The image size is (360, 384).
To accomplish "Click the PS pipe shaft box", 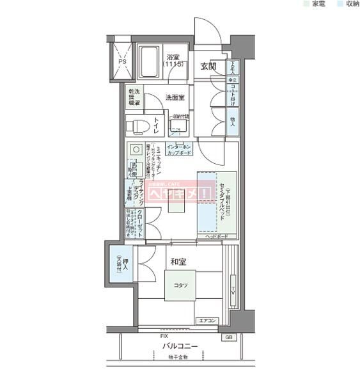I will pyautogui.click(x=122, y=61).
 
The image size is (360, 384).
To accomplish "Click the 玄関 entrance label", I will pyautogui.click(x=208, y=67).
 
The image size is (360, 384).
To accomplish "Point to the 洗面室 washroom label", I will pyautogui.click(x=175, y=98).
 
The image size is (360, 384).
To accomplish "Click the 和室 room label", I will pyautogui.click(x=178, y=262).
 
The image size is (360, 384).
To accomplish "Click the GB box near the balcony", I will pyautogui.click(x=228, y=337).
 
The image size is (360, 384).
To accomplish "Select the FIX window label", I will pyautogui.click(x=164, y=335).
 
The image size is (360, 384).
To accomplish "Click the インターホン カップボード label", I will pyautogui.click(x=181, y=150).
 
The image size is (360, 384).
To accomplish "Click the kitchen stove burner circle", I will pyautogui.click(x=136, y=150).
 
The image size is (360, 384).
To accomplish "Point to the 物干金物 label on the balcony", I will pyautogui.click(x=178, y=357).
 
